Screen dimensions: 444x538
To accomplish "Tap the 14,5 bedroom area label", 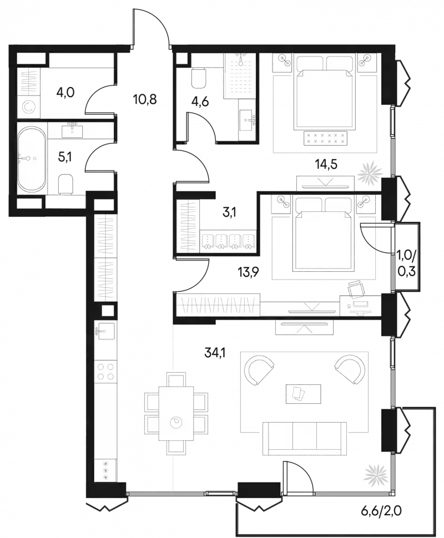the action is (326, 165).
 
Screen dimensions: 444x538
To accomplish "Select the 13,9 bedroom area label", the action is (248, 273).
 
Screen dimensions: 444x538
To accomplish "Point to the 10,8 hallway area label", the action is (144, 99).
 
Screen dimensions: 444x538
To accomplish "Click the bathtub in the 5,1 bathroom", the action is (31, 159).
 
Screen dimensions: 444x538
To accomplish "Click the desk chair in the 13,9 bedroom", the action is (356, 289).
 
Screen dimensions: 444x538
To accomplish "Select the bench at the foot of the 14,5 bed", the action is (325, 138).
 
